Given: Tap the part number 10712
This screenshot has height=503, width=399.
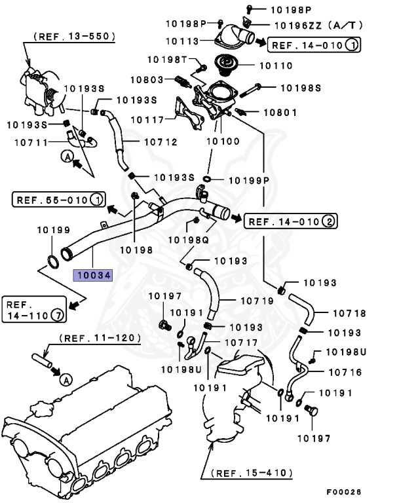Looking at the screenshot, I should click(159, 141).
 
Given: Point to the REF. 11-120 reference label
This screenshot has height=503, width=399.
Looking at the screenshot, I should click(100, 338).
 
